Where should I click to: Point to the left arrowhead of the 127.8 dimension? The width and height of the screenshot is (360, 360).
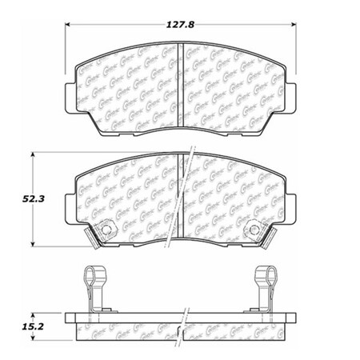coord(65,32)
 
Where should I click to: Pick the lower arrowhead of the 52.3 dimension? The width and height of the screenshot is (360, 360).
coord(33,245)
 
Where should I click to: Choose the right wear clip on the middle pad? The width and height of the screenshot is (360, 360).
coord(255,231)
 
